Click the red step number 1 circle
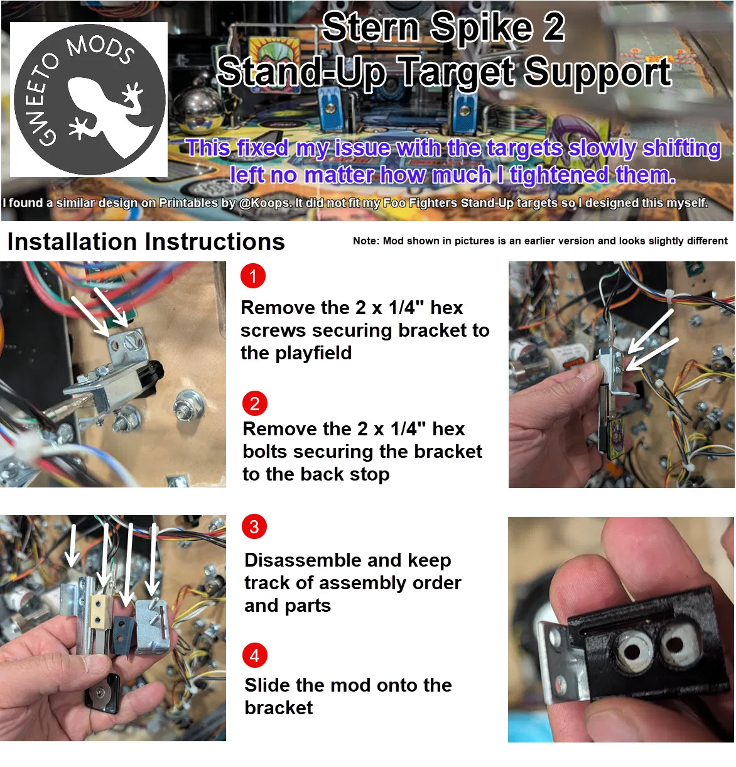[x=253, y=276]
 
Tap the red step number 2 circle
[x=254, y=403]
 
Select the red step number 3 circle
[x=254, y=526]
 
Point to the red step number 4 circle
[x=254, y=655]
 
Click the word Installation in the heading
[x=72, y=241]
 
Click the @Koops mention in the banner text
[x=266, y=203]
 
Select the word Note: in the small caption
[x=366, y=241]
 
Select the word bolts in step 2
[x=265, y=451]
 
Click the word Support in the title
[x=597, y=72]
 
